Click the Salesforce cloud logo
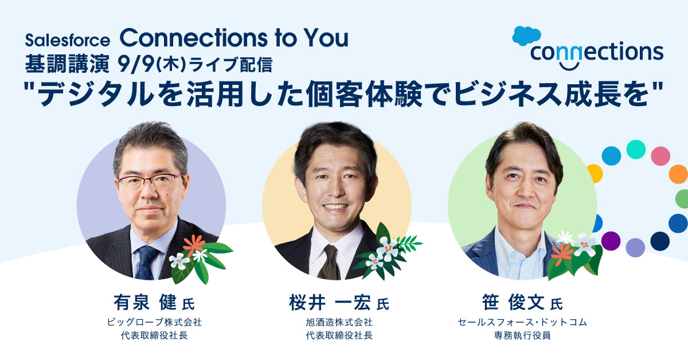click(x=526, y=36)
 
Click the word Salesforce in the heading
click(x=67, y=40)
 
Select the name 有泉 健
click(x=145, y=302)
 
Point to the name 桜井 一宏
click(x=330, y=302)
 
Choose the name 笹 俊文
click(x=513, y=302)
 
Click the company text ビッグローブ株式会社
click(x=154, y=322)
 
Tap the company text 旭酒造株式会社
click(x=339, y=322)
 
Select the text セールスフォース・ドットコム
click(x=522, y=322)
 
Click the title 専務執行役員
click(x=522, y=335)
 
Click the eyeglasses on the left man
click(x=150, y=181)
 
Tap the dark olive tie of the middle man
click(x=330, y=262)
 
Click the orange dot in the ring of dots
click(x=678, y=174)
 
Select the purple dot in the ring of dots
click(x=611, y=241)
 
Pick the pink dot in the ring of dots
click(x=660, y=156)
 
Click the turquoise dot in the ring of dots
click(x=636, y=149)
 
